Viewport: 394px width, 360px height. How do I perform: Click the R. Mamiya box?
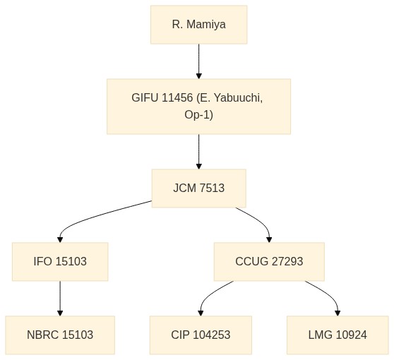[x=198, y=25]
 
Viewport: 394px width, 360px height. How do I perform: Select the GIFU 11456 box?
[x=198, y=107]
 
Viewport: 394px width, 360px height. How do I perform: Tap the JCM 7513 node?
[x=198, y=188]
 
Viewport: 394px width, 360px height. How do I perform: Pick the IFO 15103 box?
[x=60, y=261]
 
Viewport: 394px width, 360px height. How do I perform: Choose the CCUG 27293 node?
[x=269, y=261]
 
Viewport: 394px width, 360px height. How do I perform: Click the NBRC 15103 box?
[x=60, y=335]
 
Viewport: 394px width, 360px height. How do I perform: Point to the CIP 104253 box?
[x=201, y=335]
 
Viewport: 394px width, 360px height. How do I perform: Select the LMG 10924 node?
[x=338, y=335]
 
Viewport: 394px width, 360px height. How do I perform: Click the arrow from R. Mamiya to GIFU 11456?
[x=198, y=61]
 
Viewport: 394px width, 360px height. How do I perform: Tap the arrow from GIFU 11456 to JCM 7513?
[x=198, y=152]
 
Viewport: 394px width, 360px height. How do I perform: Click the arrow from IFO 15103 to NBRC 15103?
[x=60, y=298]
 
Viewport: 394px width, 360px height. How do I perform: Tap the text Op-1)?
[x=198, y=115]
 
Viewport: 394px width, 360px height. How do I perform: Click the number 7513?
[x=212, y=188]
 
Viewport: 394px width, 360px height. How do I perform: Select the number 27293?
[x=287, y=261]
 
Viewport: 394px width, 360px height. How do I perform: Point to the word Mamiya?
[x=206, y=25]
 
